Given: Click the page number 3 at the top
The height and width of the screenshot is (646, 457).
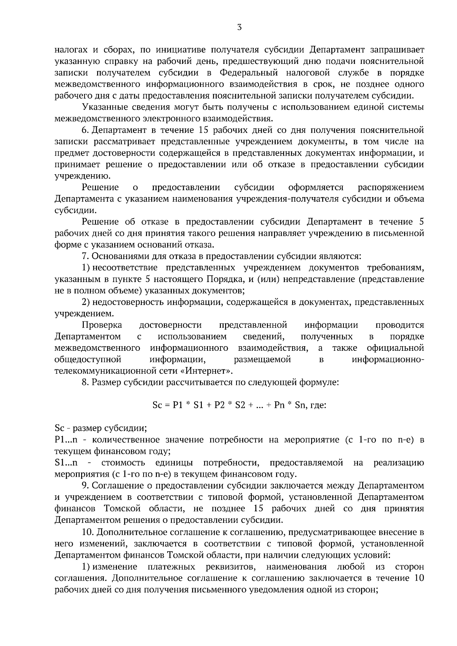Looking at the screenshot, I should [x=239, y=27].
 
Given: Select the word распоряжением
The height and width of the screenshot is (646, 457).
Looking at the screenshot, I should [x=391, y=188].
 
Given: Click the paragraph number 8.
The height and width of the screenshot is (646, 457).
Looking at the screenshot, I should [x=85, y=382].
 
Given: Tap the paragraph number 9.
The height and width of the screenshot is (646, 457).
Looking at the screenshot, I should [x=85, y=486].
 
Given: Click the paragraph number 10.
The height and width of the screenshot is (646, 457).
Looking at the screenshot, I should [x=87, y=532].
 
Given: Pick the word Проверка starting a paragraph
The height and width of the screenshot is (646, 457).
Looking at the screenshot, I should [x=102, y=325].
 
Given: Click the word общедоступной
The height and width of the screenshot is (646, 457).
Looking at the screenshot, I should [x=88, y=360].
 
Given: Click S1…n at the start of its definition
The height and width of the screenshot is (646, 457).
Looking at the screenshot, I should [x=66, y=463].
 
